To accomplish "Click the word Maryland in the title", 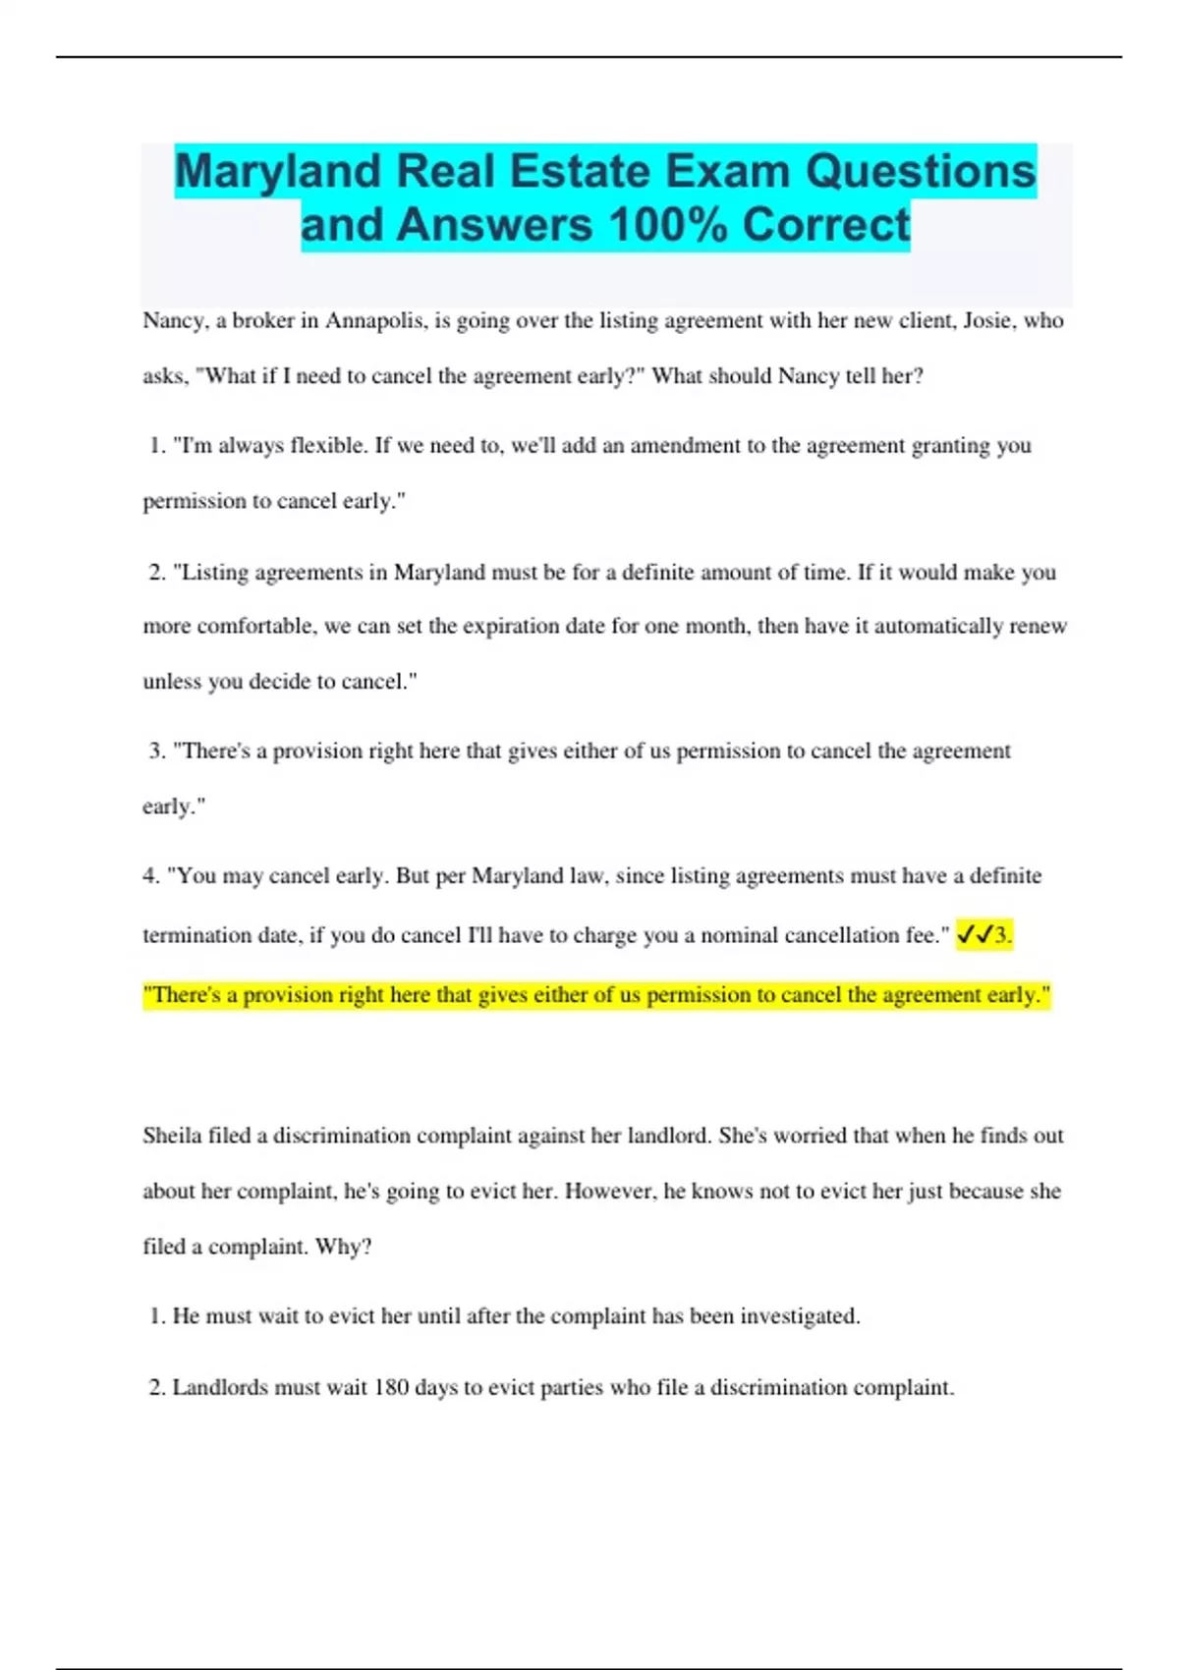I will [278, 172].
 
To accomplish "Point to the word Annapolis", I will [375, 321].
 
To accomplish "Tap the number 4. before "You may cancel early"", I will [151, 876].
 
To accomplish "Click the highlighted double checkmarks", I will [974, 935].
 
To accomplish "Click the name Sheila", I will [172, 1137].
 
